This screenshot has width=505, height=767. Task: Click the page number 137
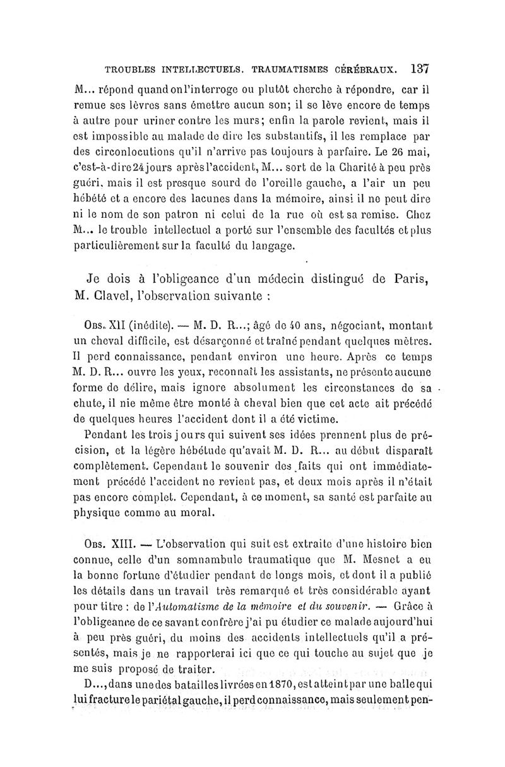click(419, 67)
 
